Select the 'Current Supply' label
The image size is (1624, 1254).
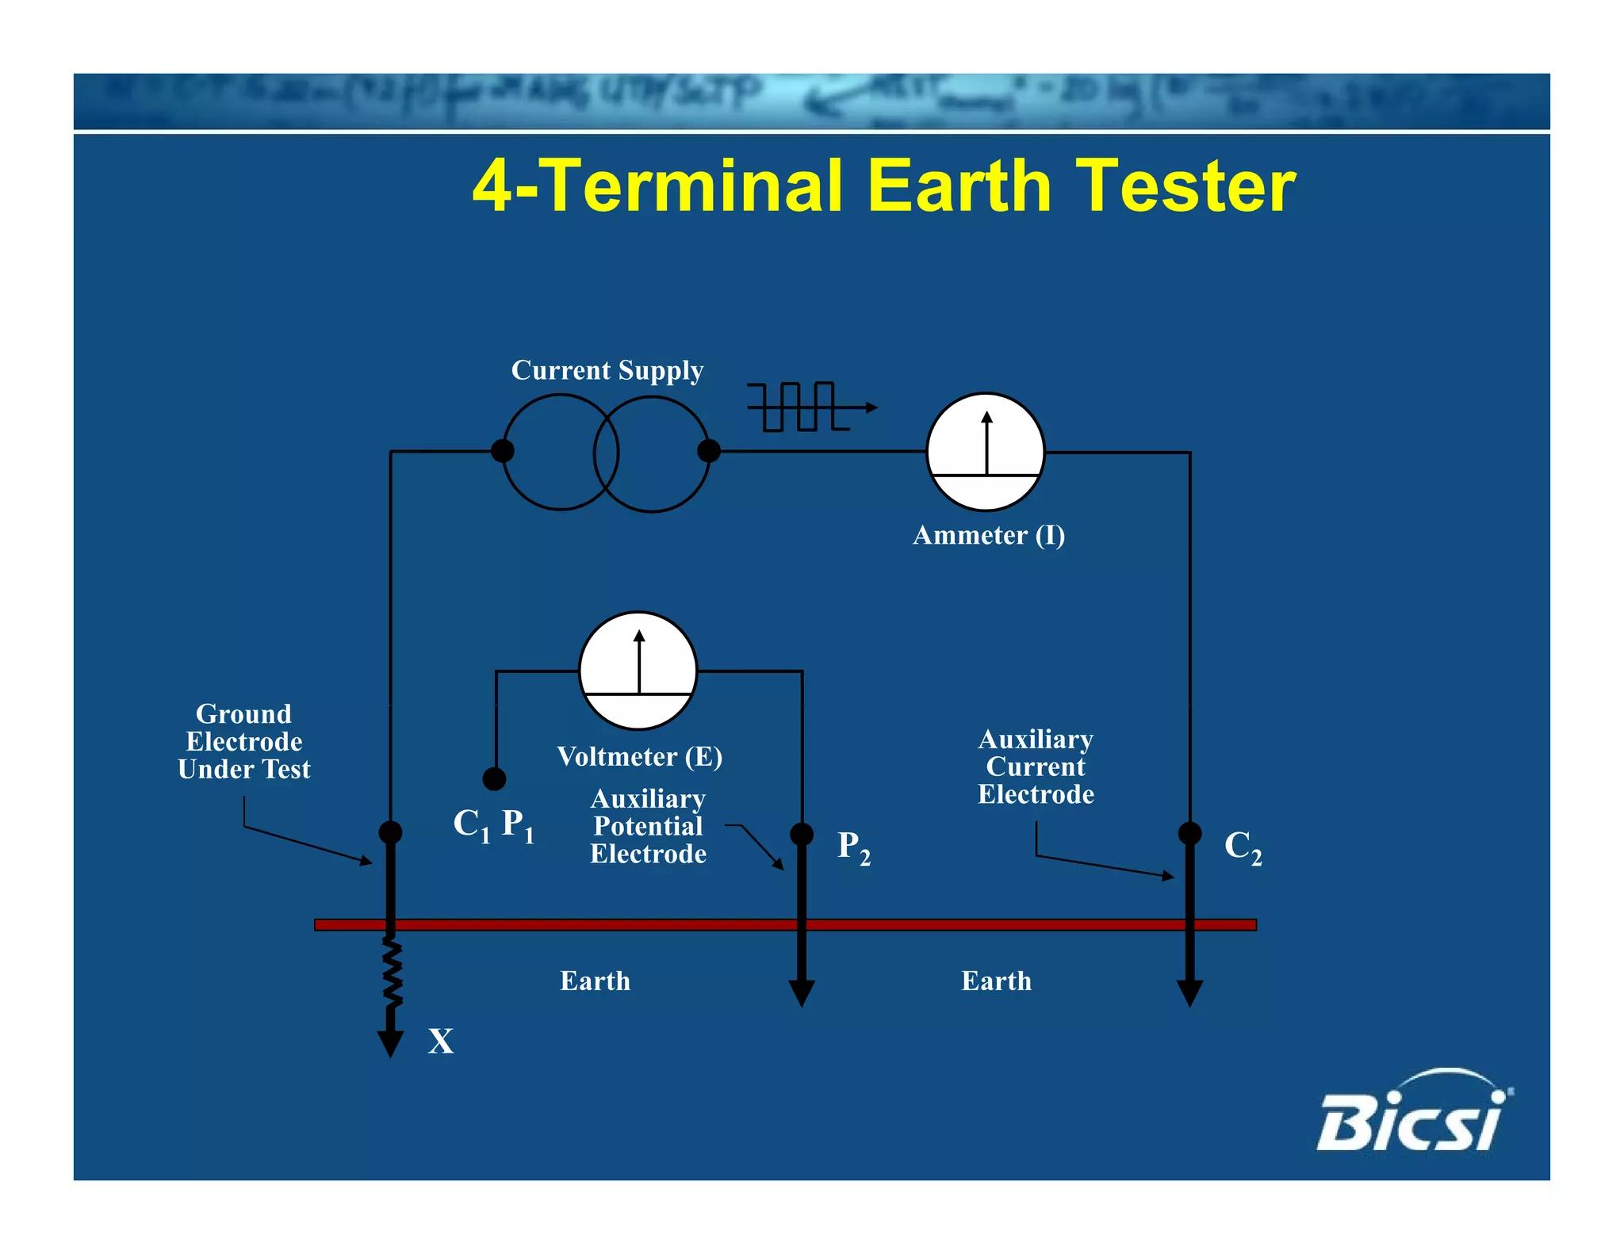point(607,370)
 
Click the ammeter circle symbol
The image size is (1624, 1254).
point(986,452)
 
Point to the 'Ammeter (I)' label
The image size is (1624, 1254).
point(988,536)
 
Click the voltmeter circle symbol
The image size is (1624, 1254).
point(638,671)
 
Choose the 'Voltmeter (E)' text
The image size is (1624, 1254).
point(639,757)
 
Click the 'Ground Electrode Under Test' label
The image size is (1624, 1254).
point(243,742)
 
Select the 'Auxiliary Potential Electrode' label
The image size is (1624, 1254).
point(648,827)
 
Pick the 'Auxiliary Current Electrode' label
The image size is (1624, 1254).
point(1036,767)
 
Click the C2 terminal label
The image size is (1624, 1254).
point(1243,847)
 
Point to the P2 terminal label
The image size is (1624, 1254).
point(853,847)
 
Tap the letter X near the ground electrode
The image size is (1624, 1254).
point(441,1041)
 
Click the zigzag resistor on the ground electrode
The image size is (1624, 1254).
point(392,973)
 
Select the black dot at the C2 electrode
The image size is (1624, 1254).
point(1189,833)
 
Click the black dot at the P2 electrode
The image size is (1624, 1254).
point(802,834)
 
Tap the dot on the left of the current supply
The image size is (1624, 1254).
point(502,451)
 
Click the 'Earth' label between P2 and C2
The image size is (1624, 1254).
point(996,981)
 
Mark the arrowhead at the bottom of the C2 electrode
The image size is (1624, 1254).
point(1189,993)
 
